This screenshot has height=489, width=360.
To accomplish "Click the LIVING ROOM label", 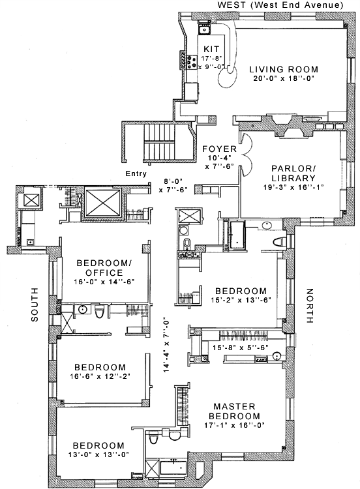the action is [284, 69].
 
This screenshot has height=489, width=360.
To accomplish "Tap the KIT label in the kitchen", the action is [211, 49].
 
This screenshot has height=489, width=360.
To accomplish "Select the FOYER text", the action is [220, 149].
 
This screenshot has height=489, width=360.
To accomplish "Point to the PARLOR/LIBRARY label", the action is [293, 173].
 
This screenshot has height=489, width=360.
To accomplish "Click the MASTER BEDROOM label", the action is [235, 411].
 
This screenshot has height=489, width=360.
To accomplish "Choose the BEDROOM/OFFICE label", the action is [104, 267].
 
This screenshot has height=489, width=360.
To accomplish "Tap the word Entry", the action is [136, 173].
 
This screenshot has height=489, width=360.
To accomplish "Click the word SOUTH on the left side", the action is [35, 304].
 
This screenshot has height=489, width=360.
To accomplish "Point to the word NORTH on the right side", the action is [310, 306].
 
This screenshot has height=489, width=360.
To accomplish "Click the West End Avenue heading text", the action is [280, 5].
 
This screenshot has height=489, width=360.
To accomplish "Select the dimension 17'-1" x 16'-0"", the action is [235, 425].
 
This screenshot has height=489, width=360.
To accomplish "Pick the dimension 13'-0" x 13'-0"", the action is [99, 454].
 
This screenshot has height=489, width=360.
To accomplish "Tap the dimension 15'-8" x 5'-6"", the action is [240, 348].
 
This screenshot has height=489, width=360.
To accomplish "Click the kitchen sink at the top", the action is [204, 29].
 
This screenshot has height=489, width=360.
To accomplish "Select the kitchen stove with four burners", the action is [191, 62].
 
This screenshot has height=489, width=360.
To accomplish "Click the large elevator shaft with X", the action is [103, 202].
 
